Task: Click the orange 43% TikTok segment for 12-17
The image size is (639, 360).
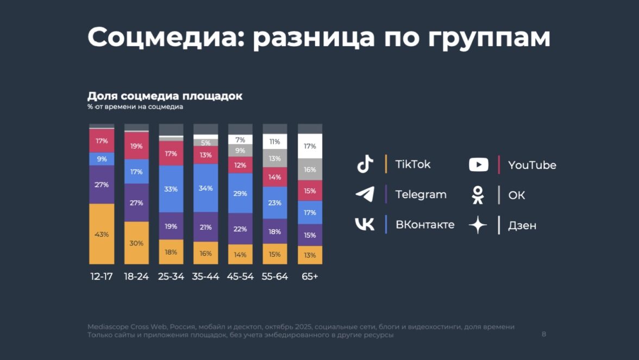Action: [102, 234]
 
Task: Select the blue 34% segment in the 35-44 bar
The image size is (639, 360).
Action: [206, 188]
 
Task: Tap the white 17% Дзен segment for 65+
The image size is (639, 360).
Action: [310, 146]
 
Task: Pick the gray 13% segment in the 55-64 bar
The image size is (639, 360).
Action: [275, 158]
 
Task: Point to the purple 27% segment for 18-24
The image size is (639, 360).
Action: [136, 203]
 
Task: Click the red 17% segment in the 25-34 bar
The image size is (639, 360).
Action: [171, 154]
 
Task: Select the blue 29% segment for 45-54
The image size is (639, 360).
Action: [240, 193]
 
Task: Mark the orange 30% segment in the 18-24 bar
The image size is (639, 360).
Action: [136, 243]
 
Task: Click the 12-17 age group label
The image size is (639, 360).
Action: [102, 276]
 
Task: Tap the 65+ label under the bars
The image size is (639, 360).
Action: [310, 276]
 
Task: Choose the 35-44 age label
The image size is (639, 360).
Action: [206, 276]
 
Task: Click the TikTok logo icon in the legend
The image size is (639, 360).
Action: [365, 164]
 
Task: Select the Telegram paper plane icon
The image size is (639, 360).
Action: [365, 194]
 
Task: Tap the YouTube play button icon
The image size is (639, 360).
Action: [478, 165]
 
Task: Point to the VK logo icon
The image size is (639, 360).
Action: [365, 224]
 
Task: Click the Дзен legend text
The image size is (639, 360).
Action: [522, 225]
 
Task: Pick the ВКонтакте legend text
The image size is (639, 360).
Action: [425, 225]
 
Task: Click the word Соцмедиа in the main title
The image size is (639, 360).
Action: [165, 37]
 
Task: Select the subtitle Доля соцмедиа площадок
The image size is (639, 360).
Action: [165, 96]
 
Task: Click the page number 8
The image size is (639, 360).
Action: [544, 334]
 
